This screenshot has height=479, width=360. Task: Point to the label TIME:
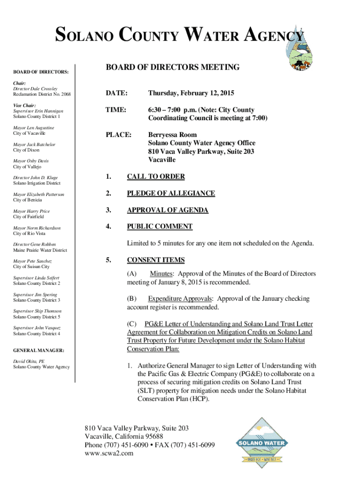[115, 110]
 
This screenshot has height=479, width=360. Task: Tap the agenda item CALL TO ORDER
[156, 176]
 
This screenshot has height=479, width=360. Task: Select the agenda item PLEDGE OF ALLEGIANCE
[171, 193]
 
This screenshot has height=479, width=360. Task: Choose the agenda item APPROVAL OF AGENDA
[167, 210]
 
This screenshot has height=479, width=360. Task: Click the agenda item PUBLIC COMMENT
[159, 226]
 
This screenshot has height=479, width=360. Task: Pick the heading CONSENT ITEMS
[156, 260]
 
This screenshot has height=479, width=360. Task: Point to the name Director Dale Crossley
[36, 88]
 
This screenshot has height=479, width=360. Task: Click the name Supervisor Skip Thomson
[37, 311]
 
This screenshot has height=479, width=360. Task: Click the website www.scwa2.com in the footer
[109, 453]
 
